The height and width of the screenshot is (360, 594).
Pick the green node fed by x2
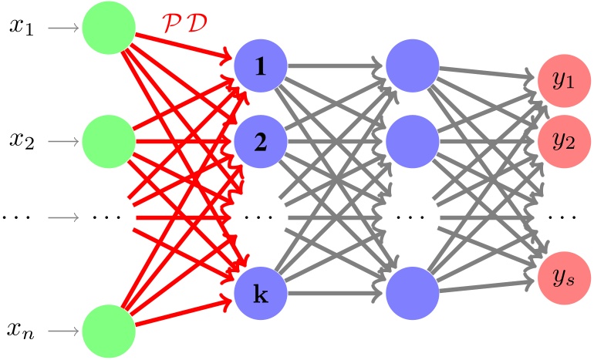tap(110, 141)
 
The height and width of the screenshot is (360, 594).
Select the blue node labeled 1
tap(261, 66)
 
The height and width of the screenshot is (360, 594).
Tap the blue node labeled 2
tap(261, 141)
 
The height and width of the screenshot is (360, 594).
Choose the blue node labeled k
tap(261, 294)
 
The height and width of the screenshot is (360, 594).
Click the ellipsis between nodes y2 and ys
tap(565, 217)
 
